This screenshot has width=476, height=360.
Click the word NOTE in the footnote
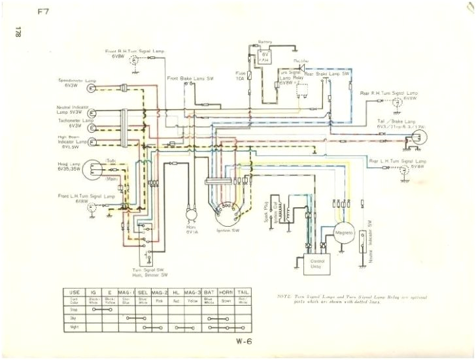point(284,296)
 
